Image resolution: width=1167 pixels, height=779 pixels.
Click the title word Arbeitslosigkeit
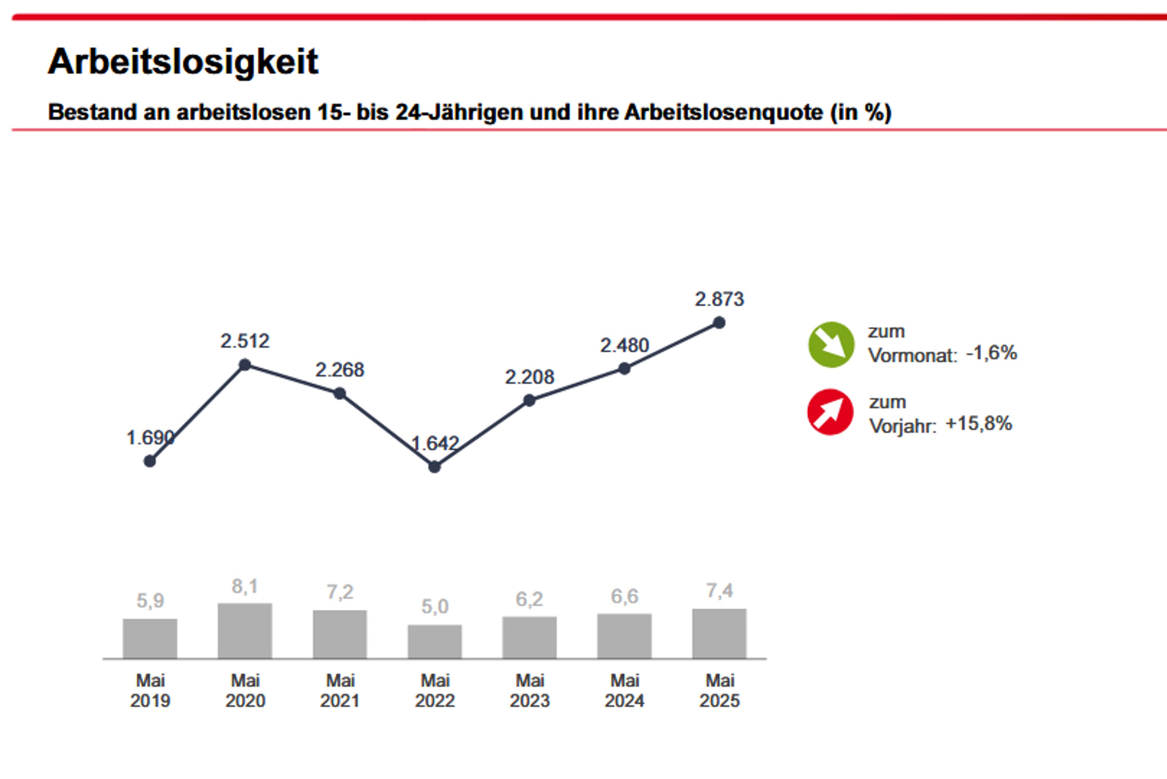point(183,62)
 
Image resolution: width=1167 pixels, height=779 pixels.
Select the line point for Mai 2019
point(150,461)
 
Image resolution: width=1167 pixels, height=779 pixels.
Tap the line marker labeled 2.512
point(245,365)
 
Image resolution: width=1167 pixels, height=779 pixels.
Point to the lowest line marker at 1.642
point(435,467)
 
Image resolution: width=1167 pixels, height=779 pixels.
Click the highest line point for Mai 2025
point(719,323)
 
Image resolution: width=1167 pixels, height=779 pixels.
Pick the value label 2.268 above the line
point(340,370)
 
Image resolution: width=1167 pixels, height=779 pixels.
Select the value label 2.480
point(625,345)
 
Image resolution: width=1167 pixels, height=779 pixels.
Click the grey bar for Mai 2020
point(245,630)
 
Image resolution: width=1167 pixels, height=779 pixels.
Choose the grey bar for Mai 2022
point(435,641)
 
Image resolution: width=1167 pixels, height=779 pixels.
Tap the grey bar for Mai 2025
point(719,634)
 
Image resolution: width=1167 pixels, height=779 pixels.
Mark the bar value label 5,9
point(150,601)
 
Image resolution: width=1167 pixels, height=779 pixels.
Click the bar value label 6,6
point(625,597)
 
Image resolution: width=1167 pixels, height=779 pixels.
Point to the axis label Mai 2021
point(340,690)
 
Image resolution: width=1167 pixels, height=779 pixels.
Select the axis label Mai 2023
point(530,690)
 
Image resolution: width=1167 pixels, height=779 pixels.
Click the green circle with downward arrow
point(831,345)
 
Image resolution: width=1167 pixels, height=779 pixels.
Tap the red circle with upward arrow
point(830,412)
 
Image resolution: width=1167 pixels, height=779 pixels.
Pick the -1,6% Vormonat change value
point(991,353)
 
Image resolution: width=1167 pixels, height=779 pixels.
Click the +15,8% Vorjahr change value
point(979,424)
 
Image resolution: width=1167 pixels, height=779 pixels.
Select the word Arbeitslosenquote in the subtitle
point(723,112)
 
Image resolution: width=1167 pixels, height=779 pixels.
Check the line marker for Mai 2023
point(529,400)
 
